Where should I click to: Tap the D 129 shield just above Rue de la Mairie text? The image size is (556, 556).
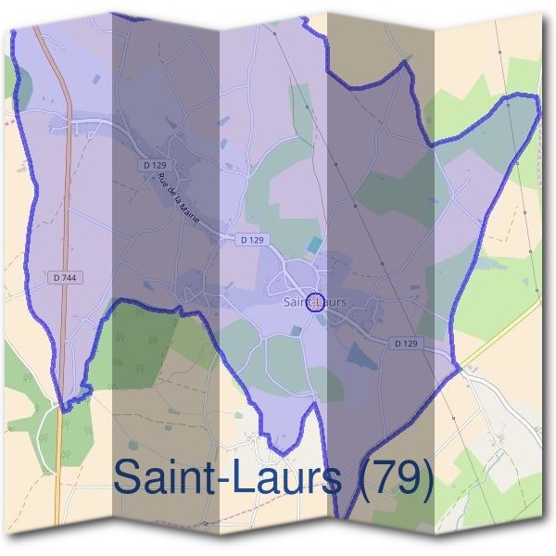(155, 165)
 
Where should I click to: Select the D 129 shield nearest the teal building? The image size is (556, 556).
(252, 239)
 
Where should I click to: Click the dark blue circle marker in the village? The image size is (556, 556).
(315, 302)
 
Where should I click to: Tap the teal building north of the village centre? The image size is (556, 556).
(316, 245)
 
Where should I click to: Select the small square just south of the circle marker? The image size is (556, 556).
(296, 330)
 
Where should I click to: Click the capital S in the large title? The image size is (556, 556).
(130, 478)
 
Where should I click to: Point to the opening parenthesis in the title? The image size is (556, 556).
(365, 480)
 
